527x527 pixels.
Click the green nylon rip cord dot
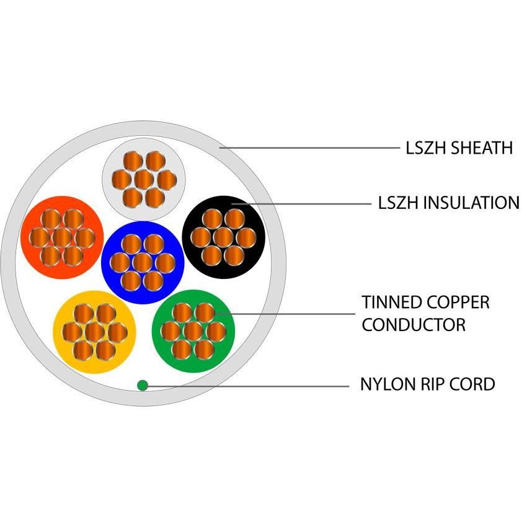pos(143,385)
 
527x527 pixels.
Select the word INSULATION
pos(471,203)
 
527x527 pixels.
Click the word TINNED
pos(391,303)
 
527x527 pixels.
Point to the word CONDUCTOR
pos(414,324)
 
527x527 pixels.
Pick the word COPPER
pos(459,303)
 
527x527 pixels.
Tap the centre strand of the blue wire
pos(143,262)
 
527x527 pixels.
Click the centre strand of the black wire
pos(223,236)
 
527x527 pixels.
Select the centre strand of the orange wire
pos(61,237)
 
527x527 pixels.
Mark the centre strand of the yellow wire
pos(94,332)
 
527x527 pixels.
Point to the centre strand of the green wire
pos(193,330)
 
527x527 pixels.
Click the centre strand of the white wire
pos(143,180)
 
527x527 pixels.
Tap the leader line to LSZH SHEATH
pos(310,148)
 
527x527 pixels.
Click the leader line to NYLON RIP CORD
pos(248,386)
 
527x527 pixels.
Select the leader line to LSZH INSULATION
pos(304,203)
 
